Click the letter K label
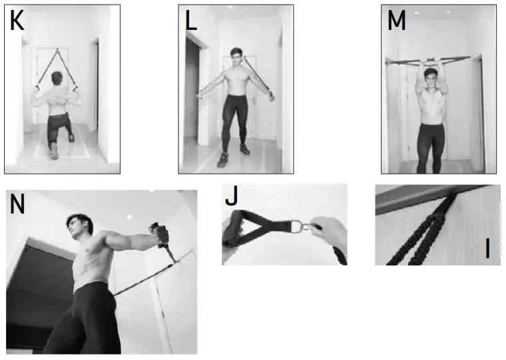point(17,21)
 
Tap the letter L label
point(191,21)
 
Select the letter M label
point(396,21)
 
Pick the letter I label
point(487,250)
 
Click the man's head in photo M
point(433,82)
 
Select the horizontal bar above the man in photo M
point(433,60)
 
